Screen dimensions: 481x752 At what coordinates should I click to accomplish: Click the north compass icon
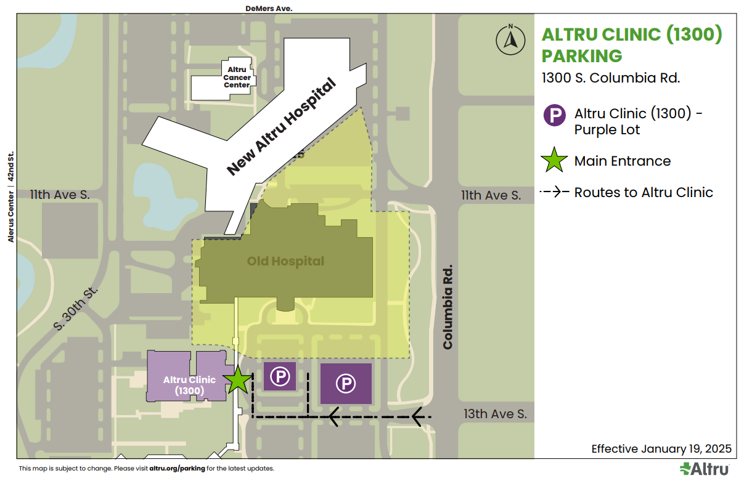[510, 41]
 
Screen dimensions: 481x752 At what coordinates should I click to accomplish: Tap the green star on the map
[239, 380]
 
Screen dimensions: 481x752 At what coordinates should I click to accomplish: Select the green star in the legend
[554, 161]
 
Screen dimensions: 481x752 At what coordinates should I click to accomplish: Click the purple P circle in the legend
[554, 115]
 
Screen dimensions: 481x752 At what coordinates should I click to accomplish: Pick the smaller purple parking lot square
[280, 376]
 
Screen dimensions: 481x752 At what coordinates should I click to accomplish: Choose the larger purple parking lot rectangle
[345, 384]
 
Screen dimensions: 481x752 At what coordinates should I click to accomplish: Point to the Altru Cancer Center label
[237, 78]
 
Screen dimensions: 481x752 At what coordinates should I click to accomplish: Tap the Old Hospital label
[285, 261]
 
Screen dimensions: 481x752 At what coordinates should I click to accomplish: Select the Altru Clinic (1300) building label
[189, 385]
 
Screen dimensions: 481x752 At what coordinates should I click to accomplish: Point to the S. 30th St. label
[76, 309]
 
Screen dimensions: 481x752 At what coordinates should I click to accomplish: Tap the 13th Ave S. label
[495, 414]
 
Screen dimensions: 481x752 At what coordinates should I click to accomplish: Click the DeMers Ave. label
[268, 9]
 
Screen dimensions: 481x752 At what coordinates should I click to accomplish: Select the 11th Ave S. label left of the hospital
[60, 195]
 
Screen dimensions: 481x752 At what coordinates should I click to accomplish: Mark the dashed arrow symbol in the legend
[554, 192]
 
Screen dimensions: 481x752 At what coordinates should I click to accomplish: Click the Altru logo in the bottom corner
[705, 469]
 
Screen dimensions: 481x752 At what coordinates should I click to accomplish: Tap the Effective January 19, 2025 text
[661, 448]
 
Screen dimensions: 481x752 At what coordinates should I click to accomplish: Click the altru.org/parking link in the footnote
[177, 469]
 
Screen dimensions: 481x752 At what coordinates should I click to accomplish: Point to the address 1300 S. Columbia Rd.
[610, 78]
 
